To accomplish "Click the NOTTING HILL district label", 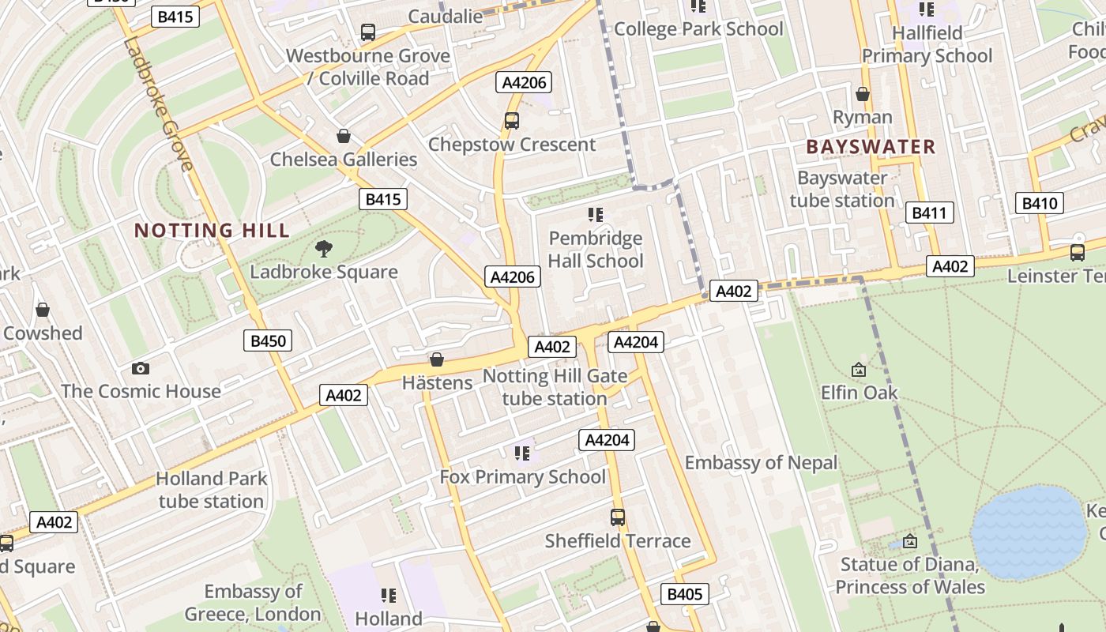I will tap(212, 231).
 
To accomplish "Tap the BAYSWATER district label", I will tap(871, 147).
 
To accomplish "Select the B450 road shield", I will tap(268, 341).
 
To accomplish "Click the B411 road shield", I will tap(929, 213).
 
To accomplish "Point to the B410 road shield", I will tap(1039, 203).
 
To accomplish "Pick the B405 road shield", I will tap(684, 594).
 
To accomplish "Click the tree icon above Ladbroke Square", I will tap(323, 250).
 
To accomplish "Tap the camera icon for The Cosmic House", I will tap(141, 368).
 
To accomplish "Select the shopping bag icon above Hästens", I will tap(436, 360).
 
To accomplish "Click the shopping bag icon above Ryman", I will tap(863, 95).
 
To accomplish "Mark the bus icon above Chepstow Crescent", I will tap(511, 121).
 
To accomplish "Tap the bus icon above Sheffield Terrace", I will tap(618, 517).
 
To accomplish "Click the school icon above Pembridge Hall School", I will tap(596, 215).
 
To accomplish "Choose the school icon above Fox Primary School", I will tap(522, 453).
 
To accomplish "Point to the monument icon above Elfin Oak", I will tap(859, 370).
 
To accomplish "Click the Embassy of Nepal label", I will tap(761, 463).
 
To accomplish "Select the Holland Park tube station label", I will tap(211, 490).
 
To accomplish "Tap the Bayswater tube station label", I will tap(842, 189).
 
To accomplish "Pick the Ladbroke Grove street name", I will tap(157, 103).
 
